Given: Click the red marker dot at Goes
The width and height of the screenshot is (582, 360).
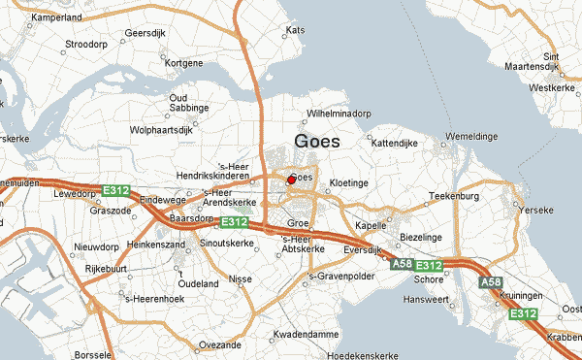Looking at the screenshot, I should point(291,180).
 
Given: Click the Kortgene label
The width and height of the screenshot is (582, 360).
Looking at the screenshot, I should point(184,63).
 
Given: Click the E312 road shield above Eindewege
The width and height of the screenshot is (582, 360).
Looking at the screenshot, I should point(117,190).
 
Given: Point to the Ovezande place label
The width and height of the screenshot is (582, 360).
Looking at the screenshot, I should point(219,344).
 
